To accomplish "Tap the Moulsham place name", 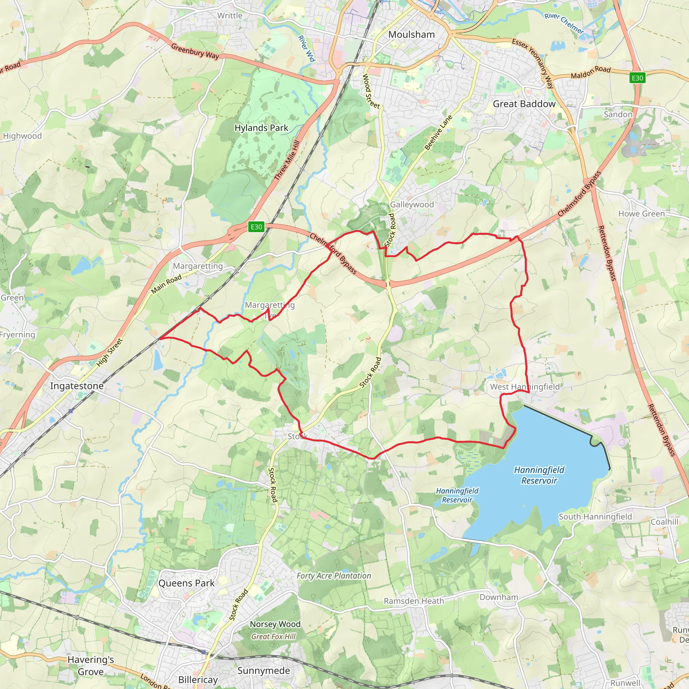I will pyautogui.click(x=411, y=35).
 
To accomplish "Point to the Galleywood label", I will pyautogui.click(x=411, y=204).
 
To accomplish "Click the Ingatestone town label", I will pyautogui.click(x=77, y=386).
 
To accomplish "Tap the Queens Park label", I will pyautogui.click(x=186, y=583).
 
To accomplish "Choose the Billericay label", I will pyautogui.click(x=198, y=680).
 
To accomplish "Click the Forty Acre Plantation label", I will pyautogui.click(x=334, y=576).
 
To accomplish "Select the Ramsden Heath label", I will pyautogui.click(x=414, y=601).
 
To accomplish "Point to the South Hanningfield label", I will pyautogui.click(x=595, y=517).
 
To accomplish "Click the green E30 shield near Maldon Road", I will pyautogui.click(x=637, y=78).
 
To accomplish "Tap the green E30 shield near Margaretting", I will pyautogui.click(x=256, y=227).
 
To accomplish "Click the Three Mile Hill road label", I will pyautogui.click(x=287, y=160).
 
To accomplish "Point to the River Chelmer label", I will pyautogui.click(x=564, y=23).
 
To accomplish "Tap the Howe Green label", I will pyautogui.click(x=641, y=214).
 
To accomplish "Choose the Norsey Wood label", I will pyautogui.click(x=275, y=624).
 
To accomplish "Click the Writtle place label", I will pyautogui.click(x=230, y=16).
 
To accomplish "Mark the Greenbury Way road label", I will pyautogui.click(x=195, y=51).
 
